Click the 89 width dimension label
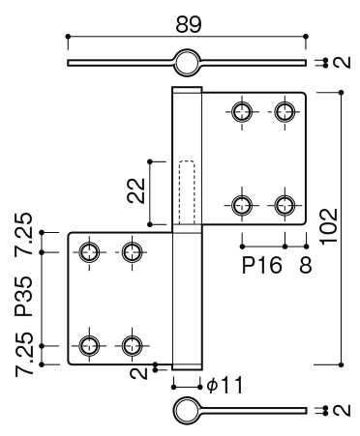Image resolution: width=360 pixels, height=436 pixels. (189, 24)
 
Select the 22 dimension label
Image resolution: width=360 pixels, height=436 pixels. (136, 190)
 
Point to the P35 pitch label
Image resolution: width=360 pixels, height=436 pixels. (24, 297)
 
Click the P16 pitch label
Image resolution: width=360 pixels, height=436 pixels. (262, 265)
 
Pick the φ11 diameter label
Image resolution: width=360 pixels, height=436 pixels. (225, 385)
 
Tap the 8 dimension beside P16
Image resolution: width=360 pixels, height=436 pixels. (305, 265)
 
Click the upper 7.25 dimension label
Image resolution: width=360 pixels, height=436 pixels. (24, 234)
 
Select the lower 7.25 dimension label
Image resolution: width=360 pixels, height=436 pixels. (24, 355)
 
